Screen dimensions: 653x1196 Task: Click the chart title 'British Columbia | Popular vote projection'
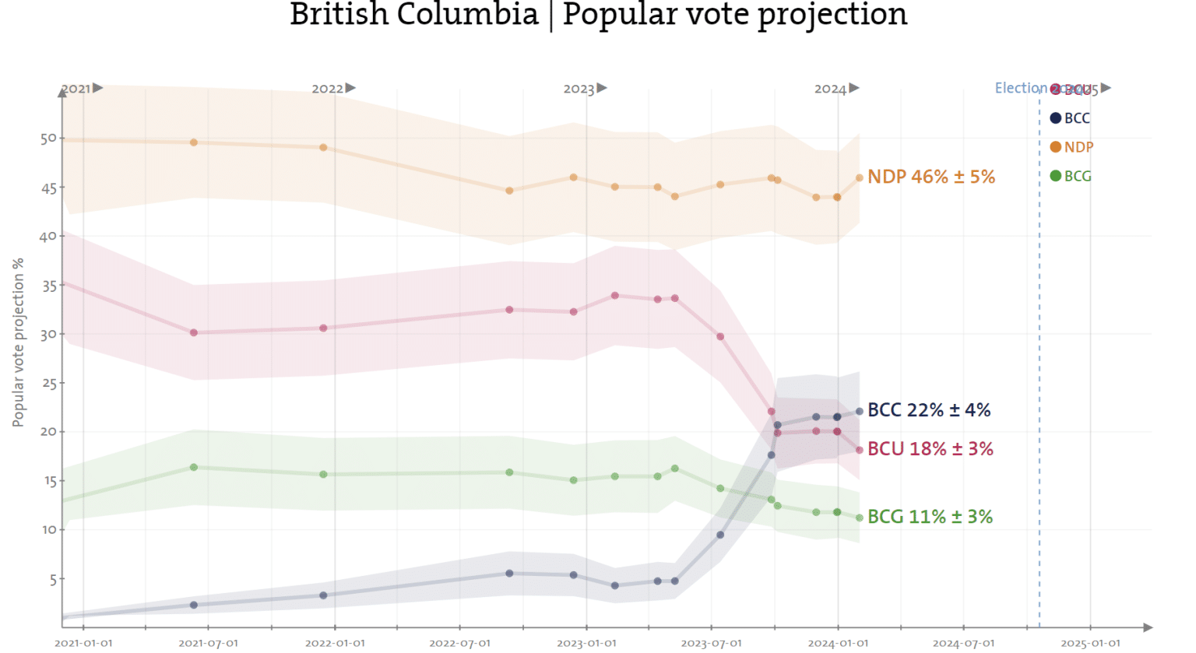click(x=598, y=15)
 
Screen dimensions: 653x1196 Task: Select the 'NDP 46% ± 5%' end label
click(x=930, y=177)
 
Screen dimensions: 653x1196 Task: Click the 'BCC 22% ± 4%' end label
click(x=928, y=410)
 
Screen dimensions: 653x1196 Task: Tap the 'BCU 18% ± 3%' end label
click(x=930, y=449)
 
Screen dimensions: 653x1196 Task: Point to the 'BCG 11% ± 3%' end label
click(x=930, y=517)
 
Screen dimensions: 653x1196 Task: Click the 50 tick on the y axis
click(x=48, y=139)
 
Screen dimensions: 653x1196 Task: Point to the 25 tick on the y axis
click(x=48, y=383)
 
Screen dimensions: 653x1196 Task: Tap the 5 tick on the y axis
click(x=52, y=579)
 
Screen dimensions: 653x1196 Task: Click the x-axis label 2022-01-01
click(x=335, y=643)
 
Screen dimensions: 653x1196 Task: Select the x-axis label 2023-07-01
click(x=711, y=643)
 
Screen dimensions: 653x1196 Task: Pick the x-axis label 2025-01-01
click(x=1090, y=643)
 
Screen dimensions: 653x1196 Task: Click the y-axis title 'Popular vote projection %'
click(x=18, y=342)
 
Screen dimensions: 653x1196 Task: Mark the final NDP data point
click(x=860, y=178)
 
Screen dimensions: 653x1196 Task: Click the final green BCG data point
click(x=860, y=518)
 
